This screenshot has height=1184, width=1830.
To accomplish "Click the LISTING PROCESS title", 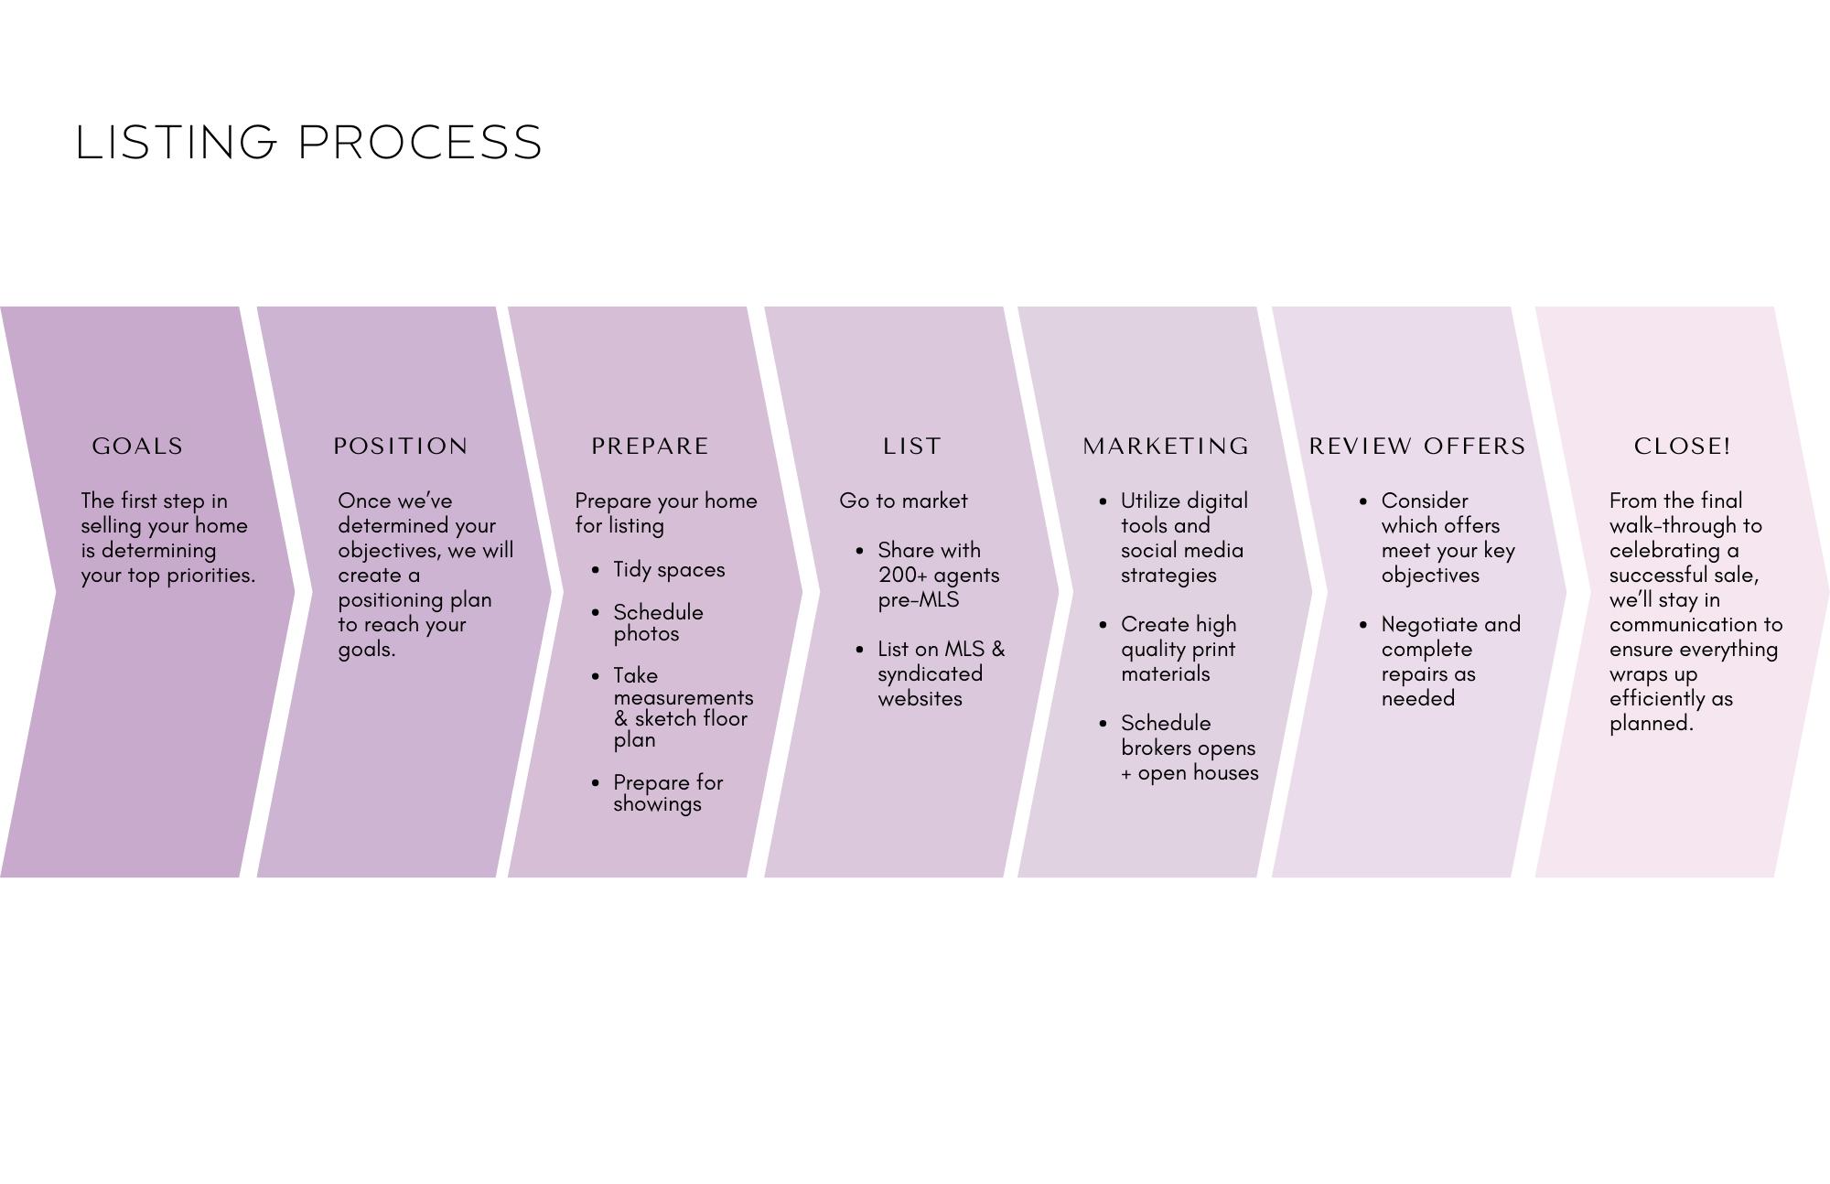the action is tap(309, 143).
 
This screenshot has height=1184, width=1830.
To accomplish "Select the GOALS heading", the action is tap(137, 447).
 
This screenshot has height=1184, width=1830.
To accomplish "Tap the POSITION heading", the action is tap(401, 447).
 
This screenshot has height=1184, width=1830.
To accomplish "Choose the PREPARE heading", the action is tap(650, 447).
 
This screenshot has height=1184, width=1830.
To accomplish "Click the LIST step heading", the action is tap(912, 447).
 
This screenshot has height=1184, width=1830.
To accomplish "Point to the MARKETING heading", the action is tap(1166, 447).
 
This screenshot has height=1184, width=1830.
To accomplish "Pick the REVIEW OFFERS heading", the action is tap(1417, 447).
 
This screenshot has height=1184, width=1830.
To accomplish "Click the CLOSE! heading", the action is tap(1683, 447).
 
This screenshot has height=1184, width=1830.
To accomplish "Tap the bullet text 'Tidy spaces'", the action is tap(669, 570).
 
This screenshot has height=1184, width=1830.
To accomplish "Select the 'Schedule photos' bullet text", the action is tap(658, 623).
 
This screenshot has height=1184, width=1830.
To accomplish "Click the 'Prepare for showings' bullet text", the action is tap(668, 793).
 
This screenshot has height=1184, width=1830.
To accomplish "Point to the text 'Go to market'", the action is tap(903, 501).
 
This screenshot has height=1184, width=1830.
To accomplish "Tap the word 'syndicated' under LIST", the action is tap(930, 674).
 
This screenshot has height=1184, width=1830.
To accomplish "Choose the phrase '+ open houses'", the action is tap(1189, 773).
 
